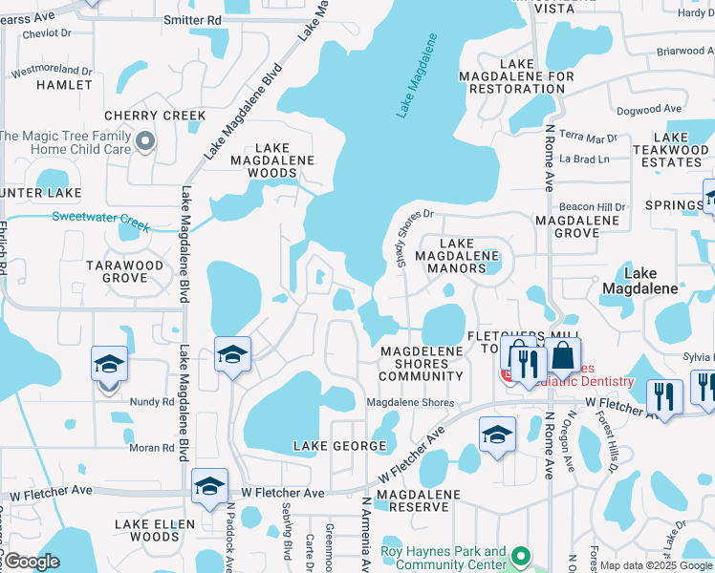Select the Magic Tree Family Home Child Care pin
145,142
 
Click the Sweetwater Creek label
101,216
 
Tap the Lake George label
331,446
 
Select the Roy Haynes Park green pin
520,554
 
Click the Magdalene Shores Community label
422,364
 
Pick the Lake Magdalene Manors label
457,256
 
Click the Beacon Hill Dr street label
592,207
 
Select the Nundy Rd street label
154,402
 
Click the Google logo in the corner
32,562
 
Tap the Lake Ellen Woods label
155,530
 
